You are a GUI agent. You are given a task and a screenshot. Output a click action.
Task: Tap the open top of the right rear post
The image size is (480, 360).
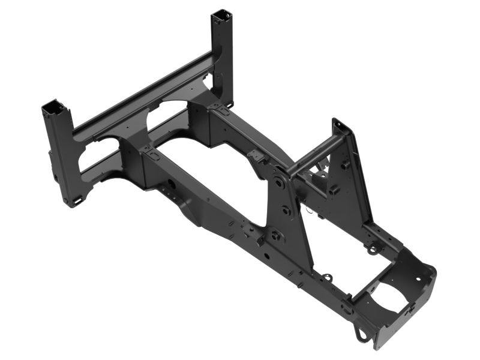point(221,14)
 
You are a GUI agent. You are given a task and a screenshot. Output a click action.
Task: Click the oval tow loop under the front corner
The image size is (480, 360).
point(362,334)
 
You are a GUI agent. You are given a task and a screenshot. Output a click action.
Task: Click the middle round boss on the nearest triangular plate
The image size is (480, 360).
point(286,211)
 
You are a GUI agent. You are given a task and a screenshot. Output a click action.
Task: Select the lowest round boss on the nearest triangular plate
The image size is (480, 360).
point(275,235)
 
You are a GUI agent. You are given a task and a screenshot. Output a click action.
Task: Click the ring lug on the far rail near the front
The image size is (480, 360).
point(374,246)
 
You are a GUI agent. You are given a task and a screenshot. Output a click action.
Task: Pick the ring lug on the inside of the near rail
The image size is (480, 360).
point(327,278)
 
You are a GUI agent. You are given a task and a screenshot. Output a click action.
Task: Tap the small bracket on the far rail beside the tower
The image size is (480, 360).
point(257,157)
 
